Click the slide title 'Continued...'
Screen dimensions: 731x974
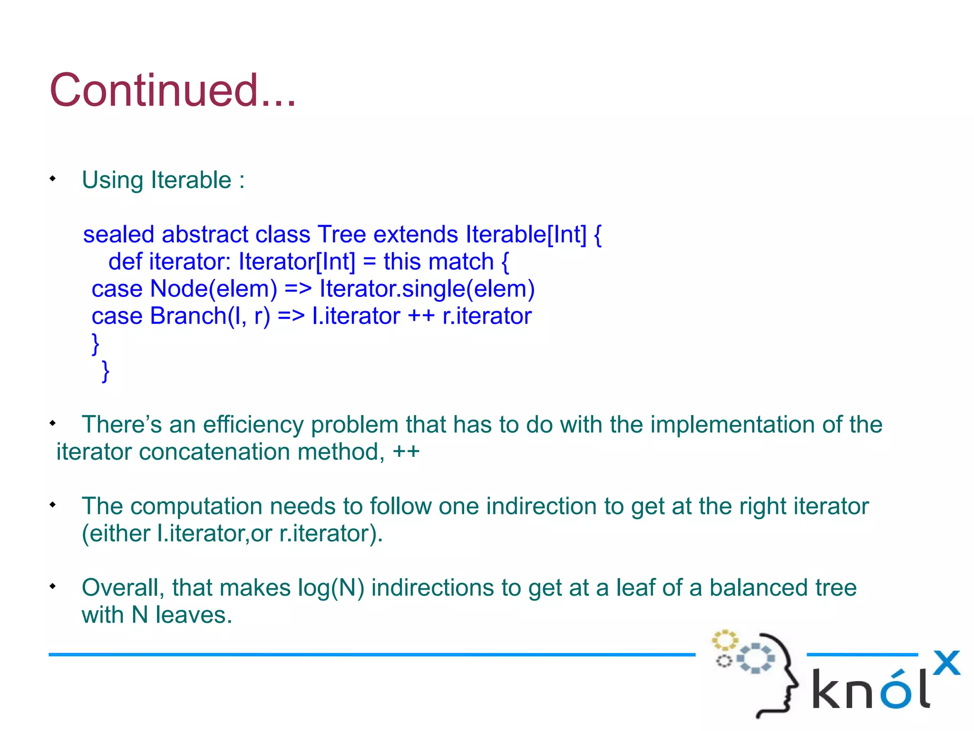click(x=173, y=90)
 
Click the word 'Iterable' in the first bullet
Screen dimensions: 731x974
click(x=191, y=180)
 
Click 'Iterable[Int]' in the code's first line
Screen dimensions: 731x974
click(x=526, y=235)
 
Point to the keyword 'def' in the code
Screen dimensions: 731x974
click(x=125, y=262)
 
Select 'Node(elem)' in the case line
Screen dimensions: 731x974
click(x=214, y=289)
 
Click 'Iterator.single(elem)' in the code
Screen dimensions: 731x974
click(x=427, y=289)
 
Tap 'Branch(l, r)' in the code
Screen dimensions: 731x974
click(x=210, y=316)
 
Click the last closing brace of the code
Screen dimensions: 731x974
click(x=106, y=371)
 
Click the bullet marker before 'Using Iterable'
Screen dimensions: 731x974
click(x=53, y=179)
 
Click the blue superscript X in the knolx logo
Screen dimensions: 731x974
click(x=946, y=663)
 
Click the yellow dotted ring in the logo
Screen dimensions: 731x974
click(x=724, y=640)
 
